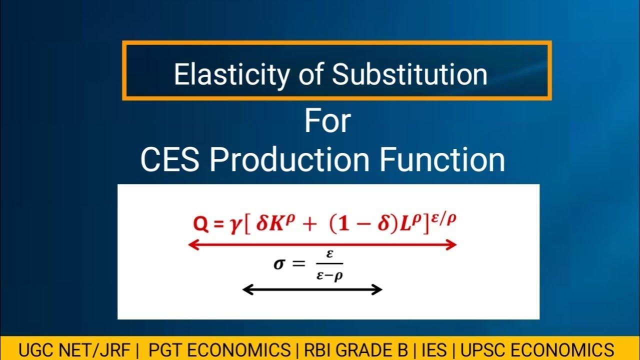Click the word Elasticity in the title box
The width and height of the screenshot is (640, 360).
[x=231, y=75]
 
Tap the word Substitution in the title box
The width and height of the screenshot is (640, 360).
[x=410, y=75]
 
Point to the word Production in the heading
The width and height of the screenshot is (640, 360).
[x=289, y=160]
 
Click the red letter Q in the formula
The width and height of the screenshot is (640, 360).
[x=200, y=224]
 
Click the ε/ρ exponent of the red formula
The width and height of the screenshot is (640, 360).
[x=444, y=218]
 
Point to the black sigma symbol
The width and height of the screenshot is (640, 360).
[x=279, y=263]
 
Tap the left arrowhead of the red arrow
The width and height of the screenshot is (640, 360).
[x=191, y=244]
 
